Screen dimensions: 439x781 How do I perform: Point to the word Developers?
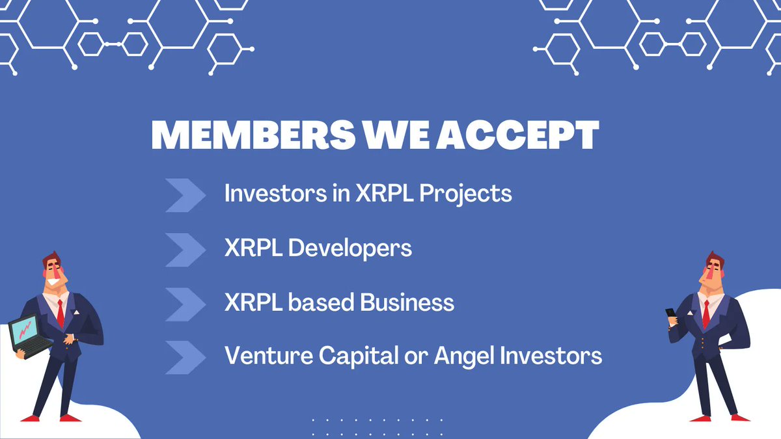[350, 248]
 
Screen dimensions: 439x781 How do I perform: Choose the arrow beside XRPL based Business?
[185, 304]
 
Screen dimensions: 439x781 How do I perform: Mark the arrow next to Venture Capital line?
[185, 358]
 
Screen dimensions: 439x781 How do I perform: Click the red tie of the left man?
[60, 312]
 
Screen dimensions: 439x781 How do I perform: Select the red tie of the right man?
[706, 312]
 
